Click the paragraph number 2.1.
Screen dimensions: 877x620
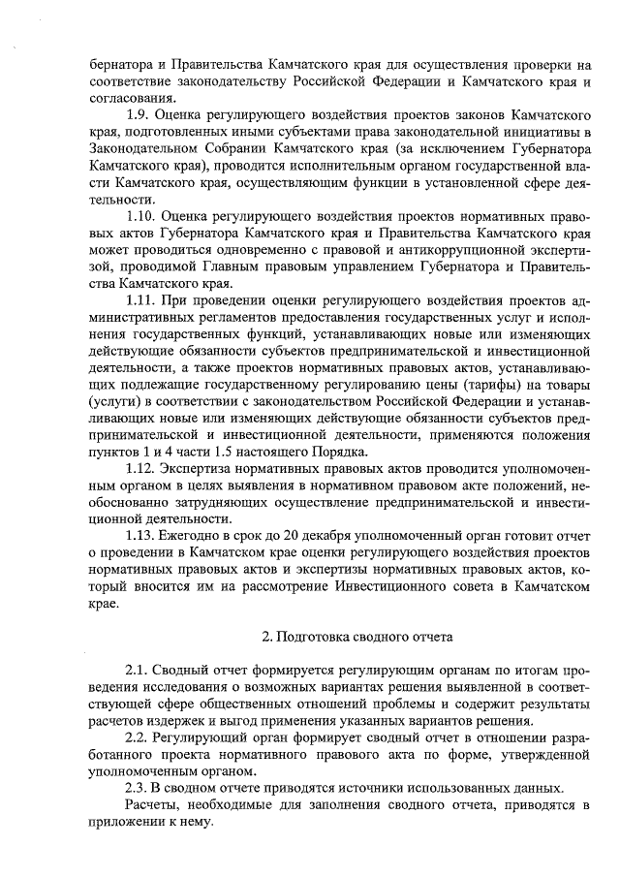pyautogui.click(x=139, y=672)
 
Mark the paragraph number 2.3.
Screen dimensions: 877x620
pyautogui.click(x=139, y=788)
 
